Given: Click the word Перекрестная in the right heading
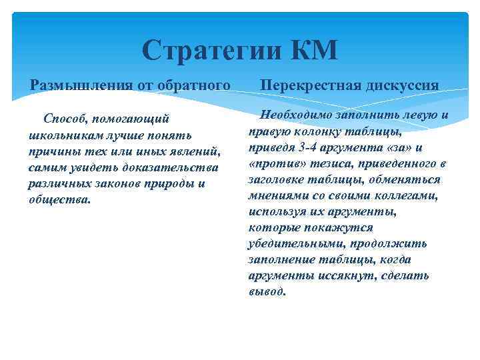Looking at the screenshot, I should [306, 85].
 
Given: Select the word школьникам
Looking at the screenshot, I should [63, 135].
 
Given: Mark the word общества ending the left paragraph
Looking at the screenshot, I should [58, 199].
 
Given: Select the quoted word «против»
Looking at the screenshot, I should [273, 163].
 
